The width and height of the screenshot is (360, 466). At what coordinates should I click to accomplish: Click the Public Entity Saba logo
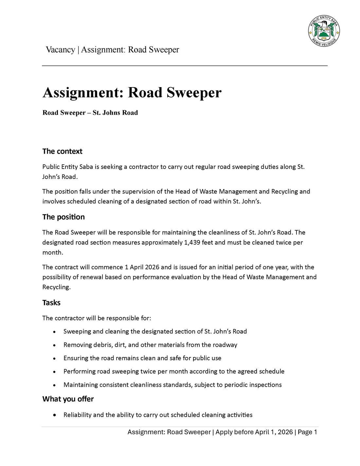(x=324, y=31)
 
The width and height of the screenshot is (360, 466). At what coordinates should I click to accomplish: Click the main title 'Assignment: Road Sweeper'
(x=132, y=92)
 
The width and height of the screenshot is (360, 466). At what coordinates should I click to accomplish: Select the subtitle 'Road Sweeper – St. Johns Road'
(x=90, y=113)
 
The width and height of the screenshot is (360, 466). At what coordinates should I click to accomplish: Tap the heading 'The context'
(x=62, y=151)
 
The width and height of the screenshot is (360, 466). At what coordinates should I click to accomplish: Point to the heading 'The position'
(x=63, y=217)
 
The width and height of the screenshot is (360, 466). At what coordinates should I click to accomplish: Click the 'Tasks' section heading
(x=51, y=303)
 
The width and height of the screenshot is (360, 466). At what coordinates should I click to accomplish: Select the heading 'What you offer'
(x=68, y=399)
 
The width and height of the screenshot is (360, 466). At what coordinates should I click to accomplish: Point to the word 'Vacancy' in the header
(x=60, y=50)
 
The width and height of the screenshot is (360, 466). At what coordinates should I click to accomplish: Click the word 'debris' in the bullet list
(x=97, y=345)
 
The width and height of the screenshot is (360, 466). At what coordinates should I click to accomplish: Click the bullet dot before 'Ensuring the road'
(x=54, y=359)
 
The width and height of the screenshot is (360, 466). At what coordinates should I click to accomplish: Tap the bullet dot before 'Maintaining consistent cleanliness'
(x=54, y=385)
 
